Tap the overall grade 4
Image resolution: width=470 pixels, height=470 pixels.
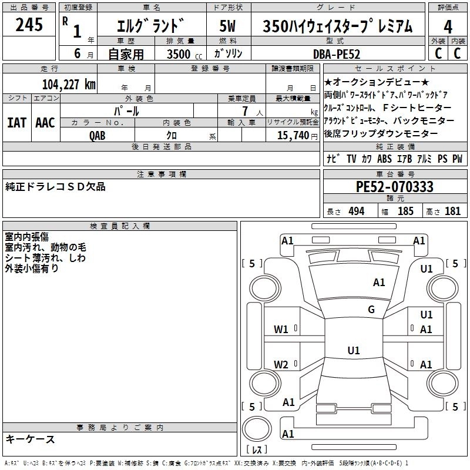click(448, 26)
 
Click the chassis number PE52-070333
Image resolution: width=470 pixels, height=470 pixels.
click(395, 187)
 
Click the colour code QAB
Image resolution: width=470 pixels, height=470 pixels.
click(98, 135)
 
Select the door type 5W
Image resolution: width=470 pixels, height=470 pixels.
click(227, 26)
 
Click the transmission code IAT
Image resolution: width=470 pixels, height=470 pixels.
click(16, 122)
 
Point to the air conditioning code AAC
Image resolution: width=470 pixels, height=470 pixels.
click(45, 122)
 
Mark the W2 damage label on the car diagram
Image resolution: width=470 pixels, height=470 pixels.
click(281, 364)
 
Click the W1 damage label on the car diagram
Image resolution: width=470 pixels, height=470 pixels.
click(281, 329)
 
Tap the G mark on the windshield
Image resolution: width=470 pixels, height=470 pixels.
click(371, 310)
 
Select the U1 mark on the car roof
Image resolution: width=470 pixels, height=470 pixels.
click(353, 350)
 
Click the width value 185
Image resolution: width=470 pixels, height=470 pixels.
click(405, 211)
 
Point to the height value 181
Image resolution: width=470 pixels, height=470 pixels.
click(452, 211)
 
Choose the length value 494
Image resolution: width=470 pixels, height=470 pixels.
click(356, 211)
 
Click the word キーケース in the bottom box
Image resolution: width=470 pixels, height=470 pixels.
click(30, 439)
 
